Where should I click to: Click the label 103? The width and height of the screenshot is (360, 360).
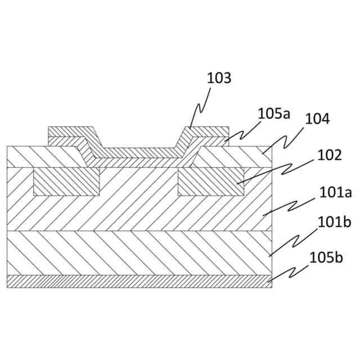pos(219,78)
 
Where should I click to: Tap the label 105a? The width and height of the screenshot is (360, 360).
pos(274,113)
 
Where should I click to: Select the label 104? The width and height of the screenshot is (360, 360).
pos(317,119)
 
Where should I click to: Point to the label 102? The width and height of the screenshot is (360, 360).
pos(330,155)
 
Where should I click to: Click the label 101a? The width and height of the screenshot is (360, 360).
pos(335,193)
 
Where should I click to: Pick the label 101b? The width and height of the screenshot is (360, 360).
pos(335,222)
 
